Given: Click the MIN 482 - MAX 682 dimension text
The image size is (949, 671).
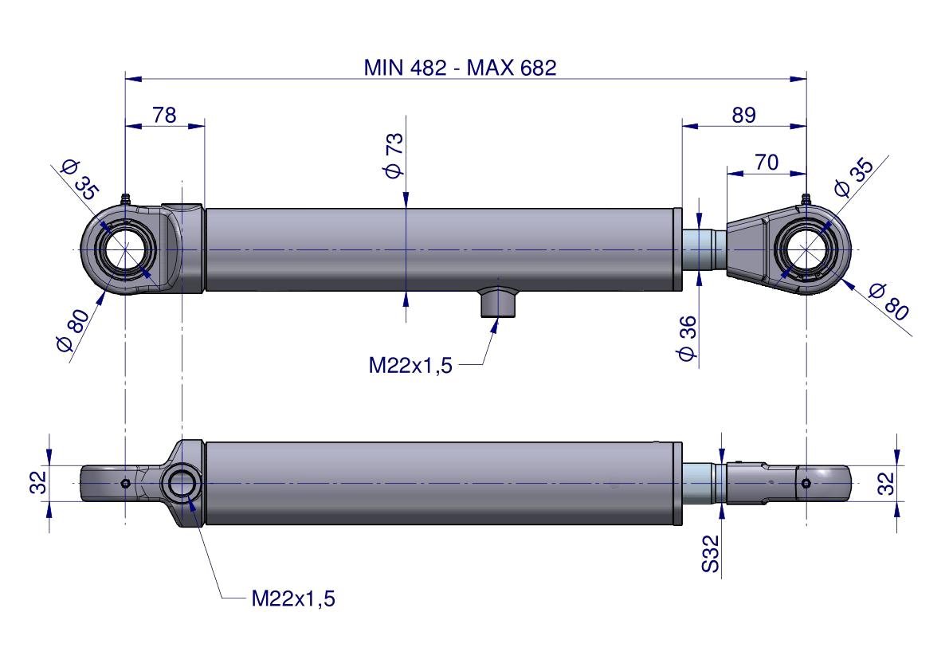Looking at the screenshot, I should click(460, 67).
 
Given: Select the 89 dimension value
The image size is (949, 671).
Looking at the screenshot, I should click(743, 115).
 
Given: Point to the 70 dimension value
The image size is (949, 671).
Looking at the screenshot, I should click(766, 162).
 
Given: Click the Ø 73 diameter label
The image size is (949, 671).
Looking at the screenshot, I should click(394, 155).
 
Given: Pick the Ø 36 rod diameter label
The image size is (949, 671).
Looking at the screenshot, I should click(687, 338).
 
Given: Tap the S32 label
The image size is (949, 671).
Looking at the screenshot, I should click(711, 553).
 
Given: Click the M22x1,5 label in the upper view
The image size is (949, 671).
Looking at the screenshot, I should click(410, 366).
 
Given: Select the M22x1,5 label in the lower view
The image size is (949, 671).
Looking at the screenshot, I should click(293, 598).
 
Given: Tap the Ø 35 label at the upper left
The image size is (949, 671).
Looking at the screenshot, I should click(79, 179).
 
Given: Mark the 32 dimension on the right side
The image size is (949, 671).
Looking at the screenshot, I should click(885, 482).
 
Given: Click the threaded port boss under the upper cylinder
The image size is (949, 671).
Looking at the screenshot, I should click(497, 302).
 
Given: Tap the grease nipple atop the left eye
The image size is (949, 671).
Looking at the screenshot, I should click(125, 198).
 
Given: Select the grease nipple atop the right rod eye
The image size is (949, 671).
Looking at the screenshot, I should click(806, 199).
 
